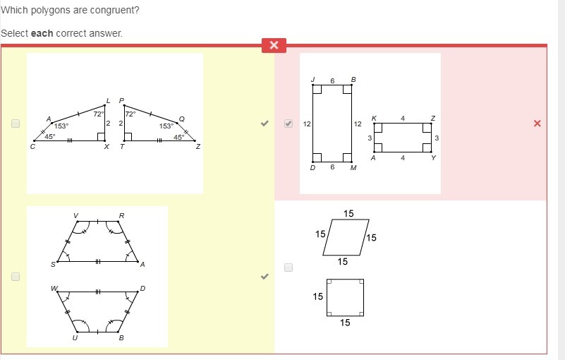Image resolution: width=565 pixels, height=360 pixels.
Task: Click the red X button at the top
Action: (x=274, y=45)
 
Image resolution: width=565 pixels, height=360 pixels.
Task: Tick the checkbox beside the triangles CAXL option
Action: (x=16, y=124)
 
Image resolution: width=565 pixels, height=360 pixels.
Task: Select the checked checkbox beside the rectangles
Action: (x=288, y=124)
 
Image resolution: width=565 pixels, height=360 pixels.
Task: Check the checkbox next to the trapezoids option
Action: (x=16, y=277)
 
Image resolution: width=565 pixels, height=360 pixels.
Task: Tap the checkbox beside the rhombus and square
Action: (x=288, y=268)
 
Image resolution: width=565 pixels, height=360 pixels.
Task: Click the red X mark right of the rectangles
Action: (x=537, y=124)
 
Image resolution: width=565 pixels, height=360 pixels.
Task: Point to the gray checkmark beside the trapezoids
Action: (x=265, y=277)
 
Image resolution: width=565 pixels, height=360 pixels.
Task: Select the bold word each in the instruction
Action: (x=42, y=33)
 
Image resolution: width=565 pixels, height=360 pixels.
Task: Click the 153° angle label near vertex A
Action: (x=61, y=126)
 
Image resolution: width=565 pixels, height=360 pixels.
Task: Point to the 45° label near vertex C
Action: (x=50, y=137)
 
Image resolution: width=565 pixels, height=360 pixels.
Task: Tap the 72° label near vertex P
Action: (x=130, y=114)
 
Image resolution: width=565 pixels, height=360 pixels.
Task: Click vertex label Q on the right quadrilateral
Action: (x=182, y=119)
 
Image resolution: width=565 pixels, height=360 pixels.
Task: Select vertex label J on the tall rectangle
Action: (x=313, y=79)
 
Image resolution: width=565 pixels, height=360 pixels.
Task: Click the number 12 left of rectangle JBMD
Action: (x=307, y=124)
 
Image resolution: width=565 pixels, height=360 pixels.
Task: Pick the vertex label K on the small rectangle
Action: (x=374, y=119)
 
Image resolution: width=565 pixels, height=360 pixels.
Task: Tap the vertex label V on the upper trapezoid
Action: (x=75, y=216)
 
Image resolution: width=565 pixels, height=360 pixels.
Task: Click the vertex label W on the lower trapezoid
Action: (x=54, y=288)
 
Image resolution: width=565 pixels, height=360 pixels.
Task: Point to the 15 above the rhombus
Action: (x=348, y=214)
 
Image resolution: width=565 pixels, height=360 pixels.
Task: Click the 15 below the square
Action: (x=345, y=323)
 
